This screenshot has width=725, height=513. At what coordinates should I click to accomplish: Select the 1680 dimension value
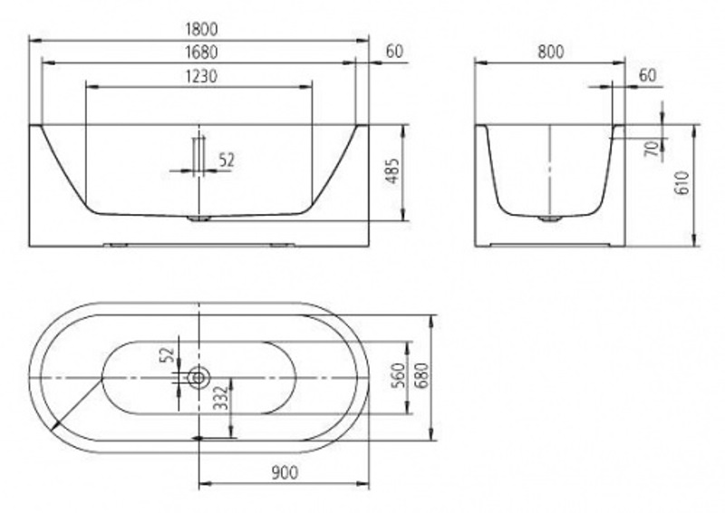(x=198, y=53)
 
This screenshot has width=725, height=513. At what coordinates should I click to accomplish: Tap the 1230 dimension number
(x=198, y=76)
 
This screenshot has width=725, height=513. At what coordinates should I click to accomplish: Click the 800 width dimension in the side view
(x=550, y=53)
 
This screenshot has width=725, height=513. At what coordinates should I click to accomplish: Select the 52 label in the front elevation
(x=227, y=160)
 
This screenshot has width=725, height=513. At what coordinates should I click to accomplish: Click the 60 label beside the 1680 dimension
(x=394, y=53)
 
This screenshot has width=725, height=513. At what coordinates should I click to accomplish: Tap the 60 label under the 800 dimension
(x=646, y=76)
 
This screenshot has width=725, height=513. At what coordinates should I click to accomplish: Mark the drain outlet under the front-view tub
(x=198, y=218)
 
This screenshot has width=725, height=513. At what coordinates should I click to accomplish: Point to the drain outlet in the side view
(x=550, y=218)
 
